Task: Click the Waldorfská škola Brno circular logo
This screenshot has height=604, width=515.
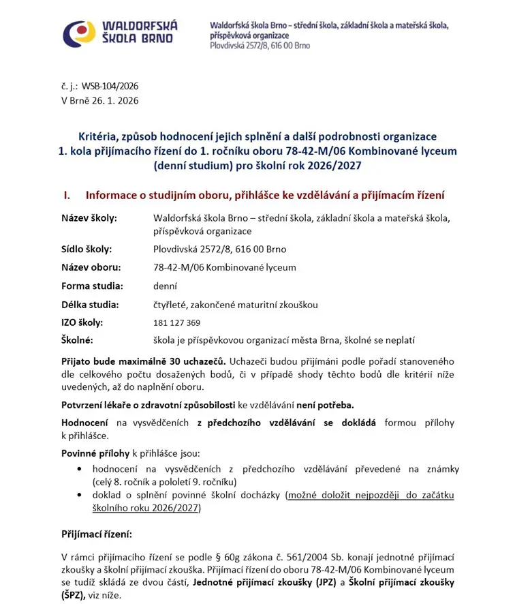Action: click(79, 32)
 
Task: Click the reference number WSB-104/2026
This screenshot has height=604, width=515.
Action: click(110, 87)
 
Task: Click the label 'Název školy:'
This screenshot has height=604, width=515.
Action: click(89, 218)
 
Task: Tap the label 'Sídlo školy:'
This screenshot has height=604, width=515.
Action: click(87, 249)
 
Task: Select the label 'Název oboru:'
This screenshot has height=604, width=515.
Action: click(91, 267)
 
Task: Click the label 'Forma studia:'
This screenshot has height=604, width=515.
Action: click(92, 286)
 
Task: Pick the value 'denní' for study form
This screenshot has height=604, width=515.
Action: click(166, 286)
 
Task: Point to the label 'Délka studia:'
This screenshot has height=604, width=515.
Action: click(90, 305)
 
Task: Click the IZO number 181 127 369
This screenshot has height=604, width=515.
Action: click(177, 322)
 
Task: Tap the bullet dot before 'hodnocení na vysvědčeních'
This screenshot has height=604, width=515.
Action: click(80, 469)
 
